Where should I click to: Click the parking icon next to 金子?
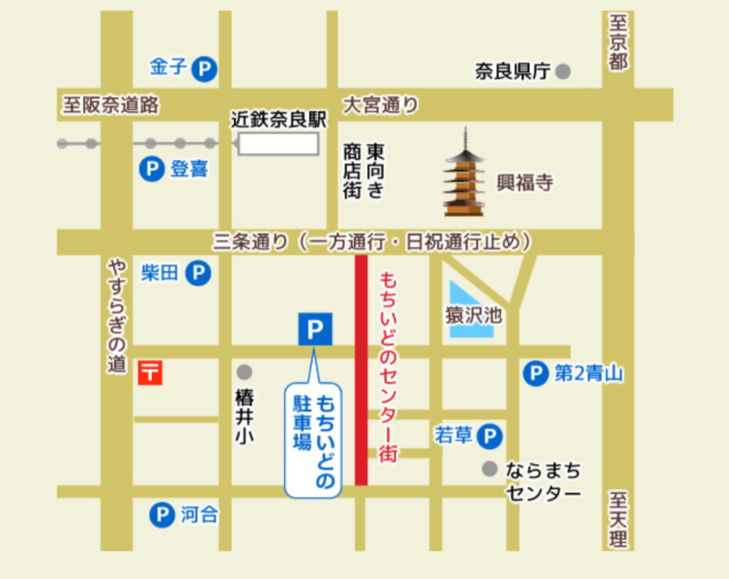click(x=204, y=70)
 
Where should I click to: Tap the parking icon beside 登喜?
click(x=152, y=168)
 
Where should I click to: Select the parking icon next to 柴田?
click(x=198, y=273)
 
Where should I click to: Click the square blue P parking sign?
click(x=315, y=329)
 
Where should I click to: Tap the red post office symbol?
click(x=151, y=372)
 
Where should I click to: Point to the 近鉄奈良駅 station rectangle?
click(x=278, y=143)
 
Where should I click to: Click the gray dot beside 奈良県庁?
click(x=563, y=71)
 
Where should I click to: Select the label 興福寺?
click(x=525, y=182)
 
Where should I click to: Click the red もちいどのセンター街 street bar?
click(x=362, y=370)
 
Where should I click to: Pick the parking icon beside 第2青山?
click(x=536, y=374)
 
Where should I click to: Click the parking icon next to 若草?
click(x=490, y=436)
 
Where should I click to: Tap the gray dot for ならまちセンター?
click(x=490, y=469)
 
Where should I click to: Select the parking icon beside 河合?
click(x=161, y=515)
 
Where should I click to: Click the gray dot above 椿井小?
click(x=244, y=372)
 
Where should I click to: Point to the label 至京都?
click(x=618, y=43)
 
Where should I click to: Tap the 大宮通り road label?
click(x=380, y=105)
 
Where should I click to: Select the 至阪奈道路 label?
click(x=111, y=105)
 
